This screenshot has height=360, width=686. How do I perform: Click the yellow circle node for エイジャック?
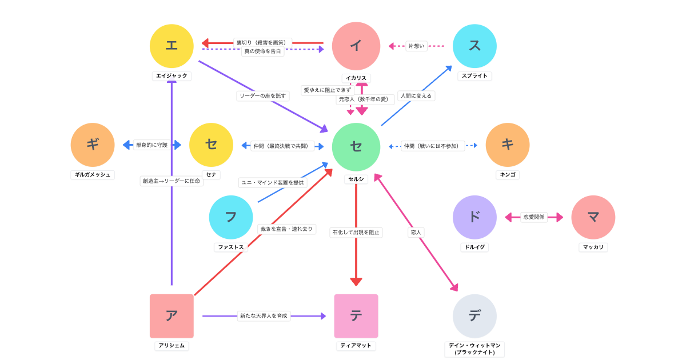click(x=171, y=46)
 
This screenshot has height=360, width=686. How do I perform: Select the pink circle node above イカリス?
click(x=356, y=46)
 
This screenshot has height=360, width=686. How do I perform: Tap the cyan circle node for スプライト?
click(x=474, y=46)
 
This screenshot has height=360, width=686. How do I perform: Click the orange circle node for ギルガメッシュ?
click(x=93, y=145)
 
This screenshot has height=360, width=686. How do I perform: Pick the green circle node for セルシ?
click(x=356, y=147)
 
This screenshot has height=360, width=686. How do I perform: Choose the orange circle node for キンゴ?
click(x=508, y=145)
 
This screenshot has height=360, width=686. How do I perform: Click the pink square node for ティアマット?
click(x=356, y=316)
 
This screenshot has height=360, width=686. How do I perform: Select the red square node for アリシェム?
click(x=171, y=316)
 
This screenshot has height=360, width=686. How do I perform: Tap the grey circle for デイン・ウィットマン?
click(x=474, y=316)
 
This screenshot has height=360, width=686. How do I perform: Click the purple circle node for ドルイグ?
click(x=474, y=217)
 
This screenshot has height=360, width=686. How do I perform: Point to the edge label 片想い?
click(x=416, y=46)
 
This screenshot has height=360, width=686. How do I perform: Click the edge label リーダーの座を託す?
click(x=263, y=96)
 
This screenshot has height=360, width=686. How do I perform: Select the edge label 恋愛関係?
click(x=534, y=217)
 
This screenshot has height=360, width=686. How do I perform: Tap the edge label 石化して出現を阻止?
click(x=356, y=233)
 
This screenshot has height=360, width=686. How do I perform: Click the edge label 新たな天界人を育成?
click(x=264, y=315)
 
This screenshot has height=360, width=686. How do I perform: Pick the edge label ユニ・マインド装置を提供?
click(x=273, y=182)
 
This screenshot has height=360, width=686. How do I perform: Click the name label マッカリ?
click(x=593, y=247)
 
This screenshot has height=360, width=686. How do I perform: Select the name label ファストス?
click(x=231, y=247)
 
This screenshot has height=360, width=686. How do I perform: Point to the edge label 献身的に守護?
click(x=152, y=145)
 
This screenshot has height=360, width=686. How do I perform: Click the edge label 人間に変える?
click(x=416, y=96)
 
